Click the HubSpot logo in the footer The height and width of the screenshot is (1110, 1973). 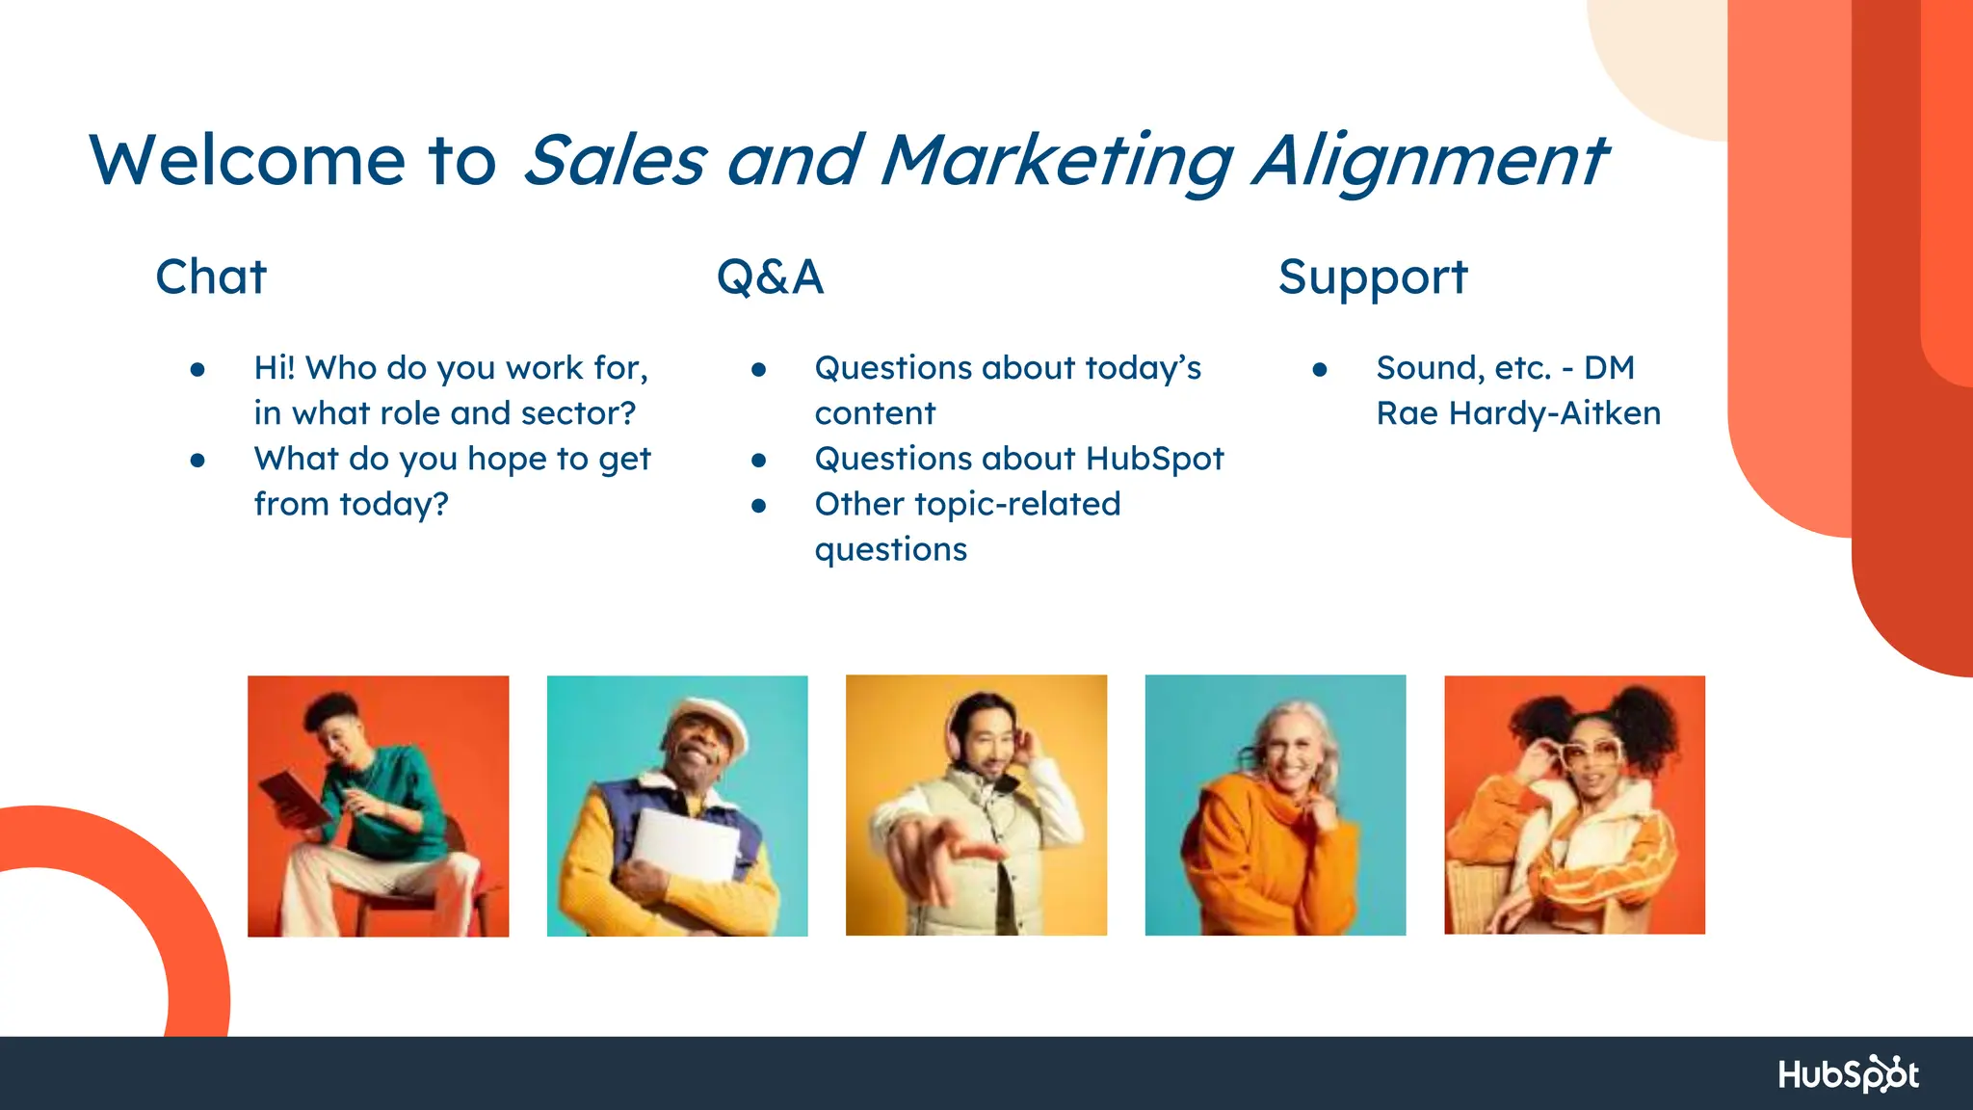pyautogui.click(x=1848, y=1073)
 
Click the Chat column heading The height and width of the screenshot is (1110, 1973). pyautogui.click(x=211, y=277)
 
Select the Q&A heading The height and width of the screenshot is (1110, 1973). pyautogui.click(x=770, y=277)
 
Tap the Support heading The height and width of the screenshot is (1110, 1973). pyautogui.click(x=1372, y=277)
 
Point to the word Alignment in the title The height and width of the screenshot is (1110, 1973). pyautogui.click(x=1430, y=160)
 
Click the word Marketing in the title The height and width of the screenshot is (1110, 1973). pyautogui.click(x=1056, y=160)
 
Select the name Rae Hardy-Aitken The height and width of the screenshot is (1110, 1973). pyautogui.click(x=1518, y=413)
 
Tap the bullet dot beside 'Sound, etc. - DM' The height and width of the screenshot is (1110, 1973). pyautogui.click(x=1320, y=369)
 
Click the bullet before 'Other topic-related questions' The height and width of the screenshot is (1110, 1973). pyautogui.click(x=759, y=505)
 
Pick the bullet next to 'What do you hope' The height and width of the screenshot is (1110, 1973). pyautogui.click(x=197, y=461)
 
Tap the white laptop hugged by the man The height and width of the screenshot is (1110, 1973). pyautogui.click(x=686, y=844)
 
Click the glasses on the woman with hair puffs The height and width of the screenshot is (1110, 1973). pyautogui.click(x=1590, y=752)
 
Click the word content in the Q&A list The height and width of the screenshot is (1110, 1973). pyautogui.click(x=875, y=413)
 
